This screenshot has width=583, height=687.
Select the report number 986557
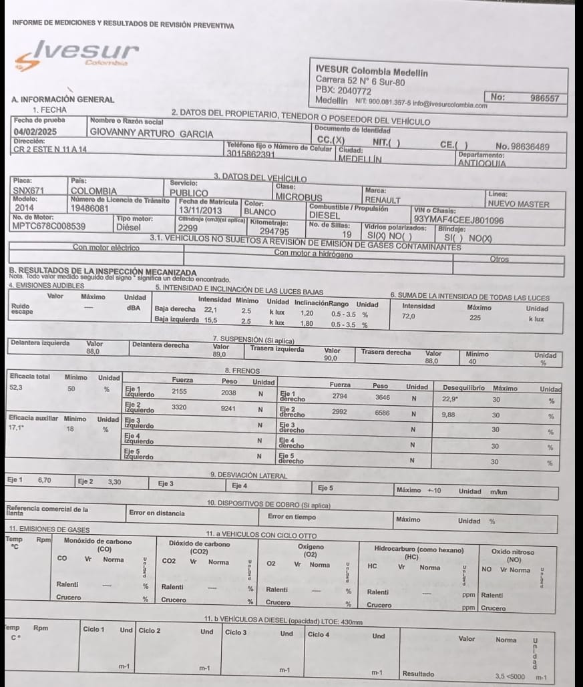(x=544, y=97)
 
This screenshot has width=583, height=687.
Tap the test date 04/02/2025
(x=32, y=133)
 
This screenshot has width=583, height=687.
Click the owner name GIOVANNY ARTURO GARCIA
(x=152, y=134)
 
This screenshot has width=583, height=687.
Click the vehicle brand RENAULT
(x=383, y=200)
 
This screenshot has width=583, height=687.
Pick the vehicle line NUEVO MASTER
(x=518, y=204)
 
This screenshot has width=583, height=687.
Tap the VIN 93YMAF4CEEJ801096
(x=459, y=219)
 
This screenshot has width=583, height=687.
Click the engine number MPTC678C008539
(x=49, y=226)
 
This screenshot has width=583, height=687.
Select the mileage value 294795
(x=274, y=232)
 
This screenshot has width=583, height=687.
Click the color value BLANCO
(x=260, y=212)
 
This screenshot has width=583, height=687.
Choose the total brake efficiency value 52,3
(x=17, y=387)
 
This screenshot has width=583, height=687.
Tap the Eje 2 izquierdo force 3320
(x=179, y=406)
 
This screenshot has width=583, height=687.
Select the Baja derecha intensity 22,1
(x=211, y=310)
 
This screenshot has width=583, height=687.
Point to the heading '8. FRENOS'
(x=242, y=370)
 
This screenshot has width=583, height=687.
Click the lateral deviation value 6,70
(x=45, y=480)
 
